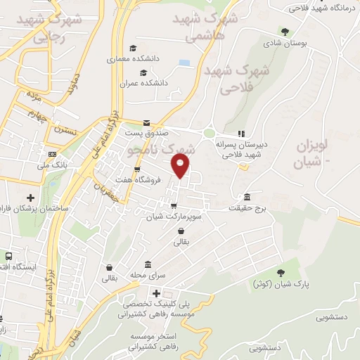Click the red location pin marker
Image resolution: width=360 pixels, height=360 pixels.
181,166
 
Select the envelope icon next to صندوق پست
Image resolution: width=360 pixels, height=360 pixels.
146,122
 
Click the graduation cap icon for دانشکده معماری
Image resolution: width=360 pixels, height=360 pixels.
133,49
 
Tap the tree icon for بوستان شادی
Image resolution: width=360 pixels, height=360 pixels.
284,32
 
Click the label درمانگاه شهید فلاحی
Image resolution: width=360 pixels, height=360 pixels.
326,8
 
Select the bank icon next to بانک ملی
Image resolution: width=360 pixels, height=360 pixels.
52,154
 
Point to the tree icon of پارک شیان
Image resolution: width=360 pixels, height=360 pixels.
281,272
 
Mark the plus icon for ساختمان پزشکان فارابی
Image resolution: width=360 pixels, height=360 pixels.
30,198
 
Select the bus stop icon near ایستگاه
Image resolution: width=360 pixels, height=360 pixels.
9,256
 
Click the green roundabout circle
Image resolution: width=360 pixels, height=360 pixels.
209,133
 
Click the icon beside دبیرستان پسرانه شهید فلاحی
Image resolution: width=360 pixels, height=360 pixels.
240,134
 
